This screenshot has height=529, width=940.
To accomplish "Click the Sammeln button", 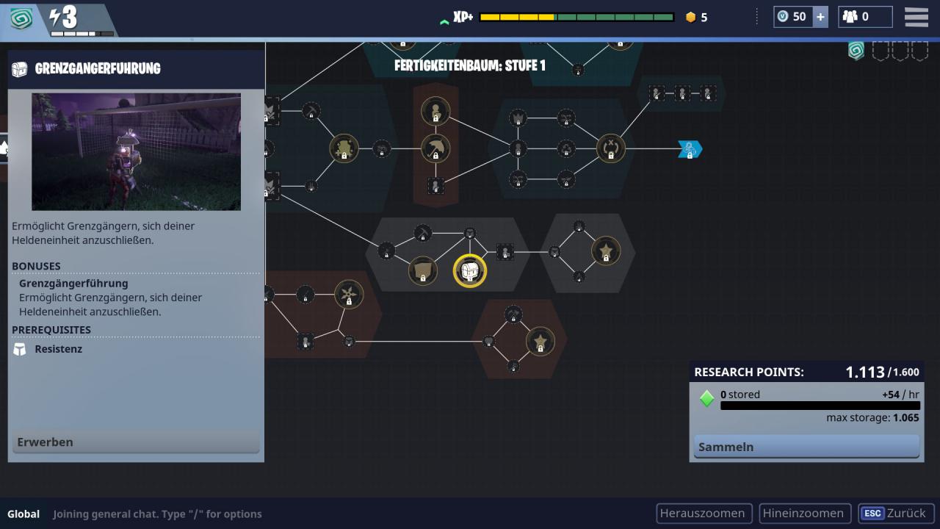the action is tap(806, 447).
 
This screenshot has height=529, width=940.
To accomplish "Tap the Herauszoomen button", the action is tap(704, 514).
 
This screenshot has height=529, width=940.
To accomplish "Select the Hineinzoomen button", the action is tap(804, 514).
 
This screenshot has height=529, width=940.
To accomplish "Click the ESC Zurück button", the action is tap(895, 514).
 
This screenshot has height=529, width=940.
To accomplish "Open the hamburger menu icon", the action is tap(916, 17).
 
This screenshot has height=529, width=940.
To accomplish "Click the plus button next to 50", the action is tap(820, 17).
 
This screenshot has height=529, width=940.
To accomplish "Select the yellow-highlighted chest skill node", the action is tap(469, 271).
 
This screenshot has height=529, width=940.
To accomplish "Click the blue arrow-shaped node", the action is tap(690, 149).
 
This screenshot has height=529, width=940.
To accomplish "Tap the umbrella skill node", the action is tap(435, 148).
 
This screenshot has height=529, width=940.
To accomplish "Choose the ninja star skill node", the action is tap(349, 295).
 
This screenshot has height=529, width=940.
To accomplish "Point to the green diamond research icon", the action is tap(706, 398).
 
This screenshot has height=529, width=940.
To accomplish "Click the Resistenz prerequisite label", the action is tap(58, 349).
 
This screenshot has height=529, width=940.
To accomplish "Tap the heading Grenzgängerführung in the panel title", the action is tap(98, 68).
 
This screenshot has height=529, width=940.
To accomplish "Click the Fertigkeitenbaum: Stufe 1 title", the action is tap(469, 65).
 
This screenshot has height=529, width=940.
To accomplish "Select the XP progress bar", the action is tap(576, 17).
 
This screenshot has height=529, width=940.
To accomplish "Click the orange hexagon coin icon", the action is tap(691, 17).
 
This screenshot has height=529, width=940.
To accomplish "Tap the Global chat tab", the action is tap(23, 514).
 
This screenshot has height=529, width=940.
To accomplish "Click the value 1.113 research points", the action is tap(865, 372).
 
